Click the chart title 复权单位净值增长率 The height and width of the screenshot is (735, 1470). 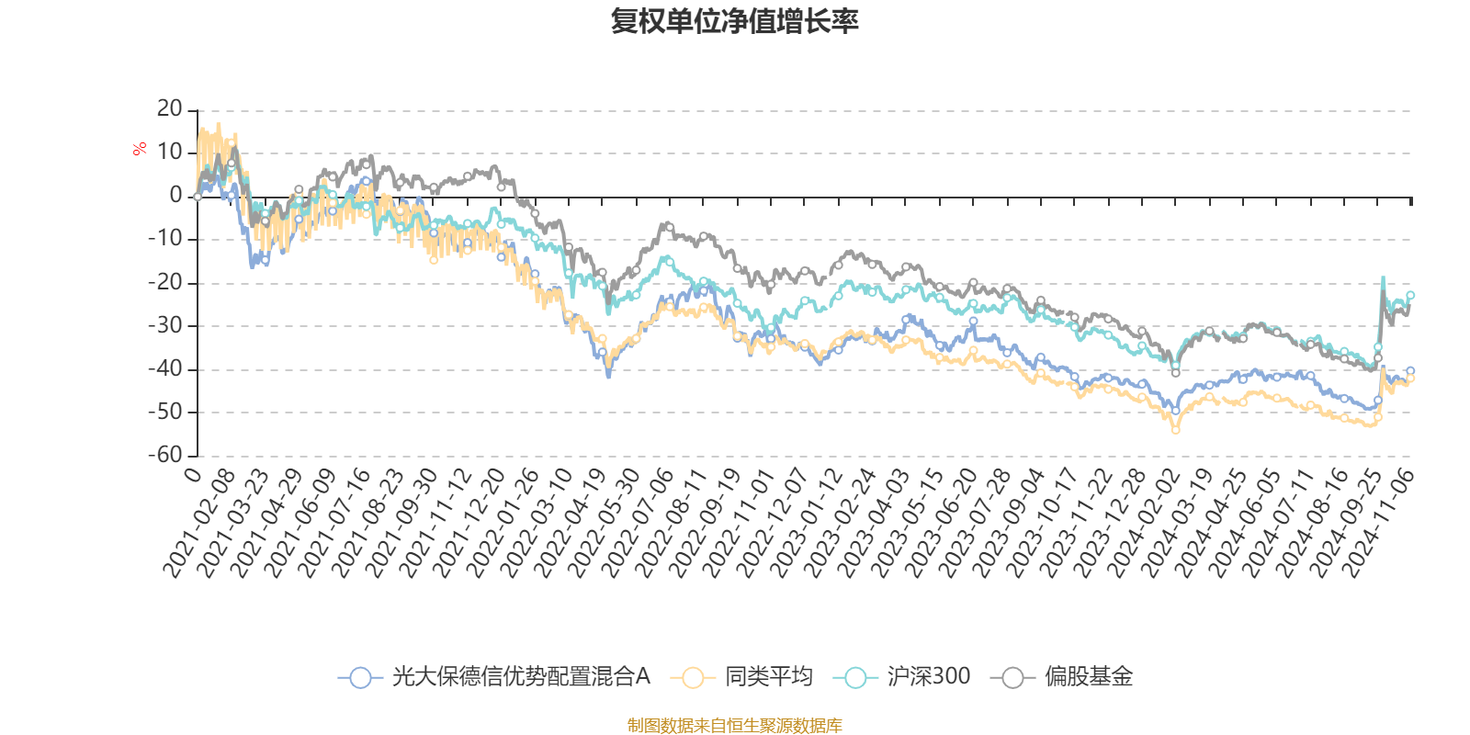[734, 21]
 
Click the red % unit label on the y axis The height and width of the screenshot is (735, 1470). [140, 149]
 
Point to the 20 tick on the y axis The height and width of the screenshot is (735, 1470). [170, 108]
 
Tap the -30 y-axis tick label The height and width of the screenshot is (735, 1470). [165, 325]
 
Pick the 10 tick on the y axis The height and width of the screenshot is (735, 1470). [170, 152]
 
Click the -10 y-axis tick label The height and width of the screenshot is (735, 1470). [165, 239]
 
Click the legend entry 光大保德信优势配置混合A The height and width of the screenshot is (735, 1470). [520, 677]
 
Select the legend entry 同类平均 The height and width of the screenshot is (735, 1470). [768, 677]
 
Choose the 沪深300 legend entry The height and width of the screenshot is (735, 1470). [928, 677]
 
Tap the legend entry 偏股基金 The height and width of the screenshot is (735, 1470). [1088, 677]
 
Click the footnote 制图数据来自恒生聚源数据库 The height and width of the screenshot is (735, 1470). [734, 726]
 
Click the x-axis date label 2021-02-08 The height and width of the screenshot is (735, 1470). [201, 522]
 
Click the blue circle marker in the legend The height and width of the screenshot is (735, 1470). [360, 678]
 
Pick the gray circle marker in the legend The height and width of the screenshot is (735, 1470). [1012, 678]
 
